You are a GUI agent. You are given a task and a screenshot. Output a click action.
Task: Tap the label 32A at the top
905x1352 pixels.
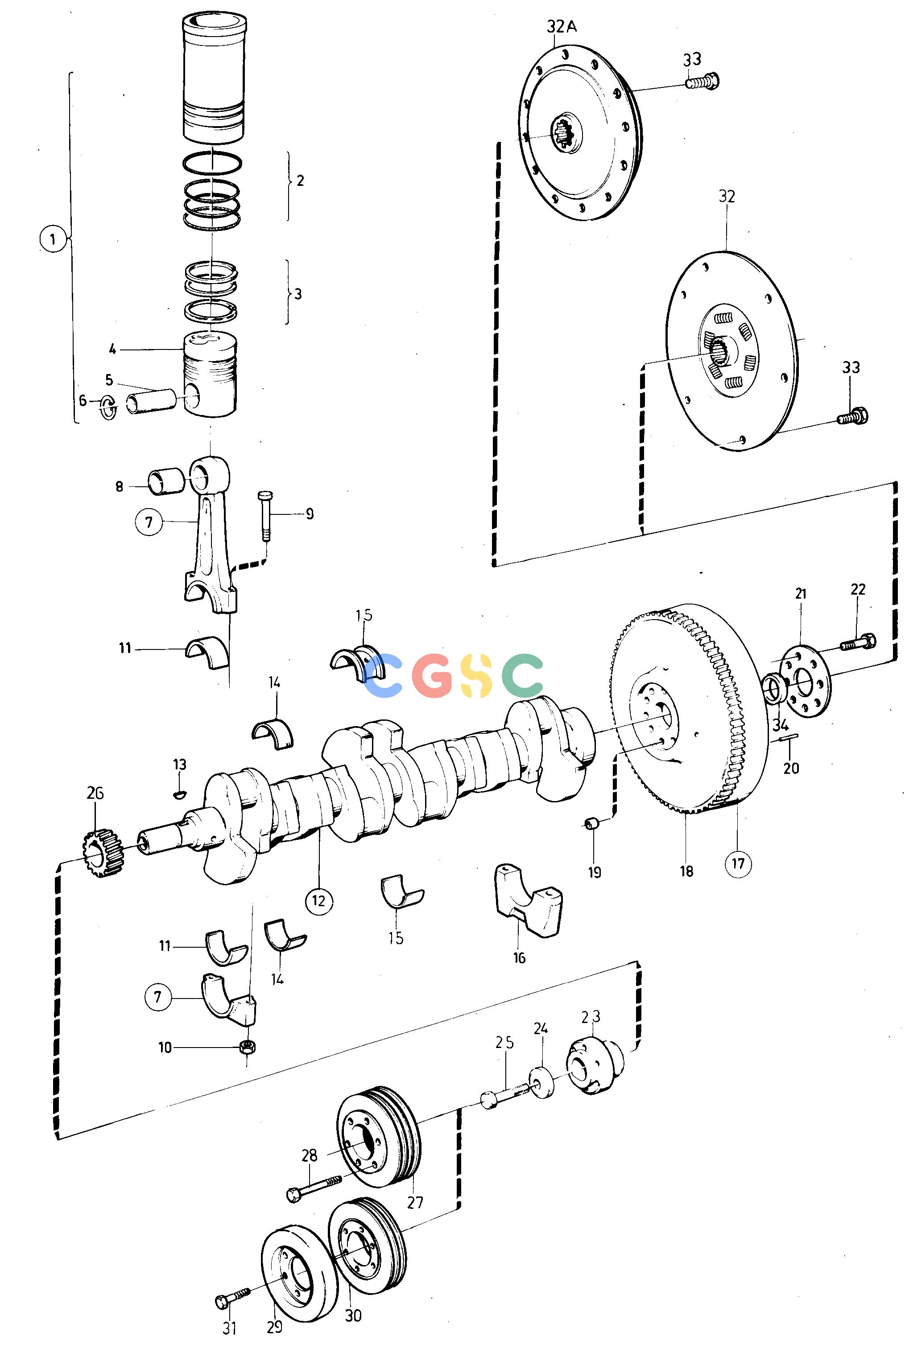[x=562, y=27]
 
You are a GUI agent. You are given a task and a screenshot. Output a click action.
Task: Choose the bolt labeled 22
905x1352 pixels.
[x=858, y=641]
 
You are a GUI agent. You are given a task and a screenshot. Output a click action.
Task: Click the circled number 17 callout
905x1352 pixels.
[x=738, y=863]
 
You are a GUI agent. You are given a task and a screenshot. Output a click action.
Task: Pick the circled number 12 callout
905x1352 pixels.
[x=319, y=901]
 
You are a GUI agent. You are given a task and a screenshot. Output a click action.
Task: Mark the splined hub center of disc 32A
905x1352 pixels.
[x=568, y=134]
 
